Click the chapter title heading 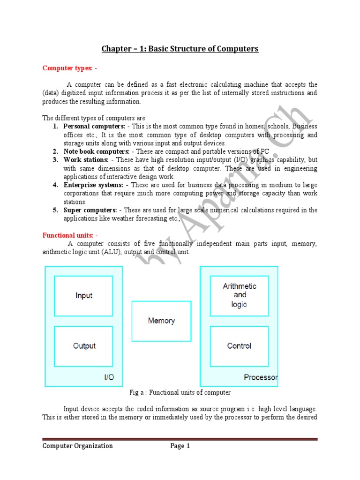click(x=180, y=49)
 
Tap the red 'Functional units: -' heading click(x=70, y=235)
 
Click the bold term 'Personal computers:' click(x=94, y=127)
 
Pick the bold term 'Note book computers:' click(x=97, y=151)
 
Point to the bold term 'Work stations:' click(x=86, y=160)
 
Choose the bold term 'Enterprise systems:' click(x=93, y=185)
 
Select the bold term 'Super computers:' click(x=90, y=210)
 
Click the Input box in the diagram click(x=83, y=296)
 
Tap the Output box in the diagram click(x=83, y=346)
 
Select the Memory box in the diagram click(x=161, y=321)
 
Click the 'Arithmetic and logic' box click(x=240, y=295)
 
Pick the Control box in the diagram click(x=240, y=346)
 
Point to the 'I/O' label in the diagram click(x=108, y=377)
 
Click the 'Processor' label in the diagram click(x=261, y=377)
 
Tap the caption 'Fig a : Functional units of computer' click(x=180, y=392)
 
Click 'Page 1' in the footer click(x=180, y=446)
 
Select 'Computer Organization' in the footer click(x=78, y=446)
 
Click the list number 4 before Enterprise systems click(x=55, y=185)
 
